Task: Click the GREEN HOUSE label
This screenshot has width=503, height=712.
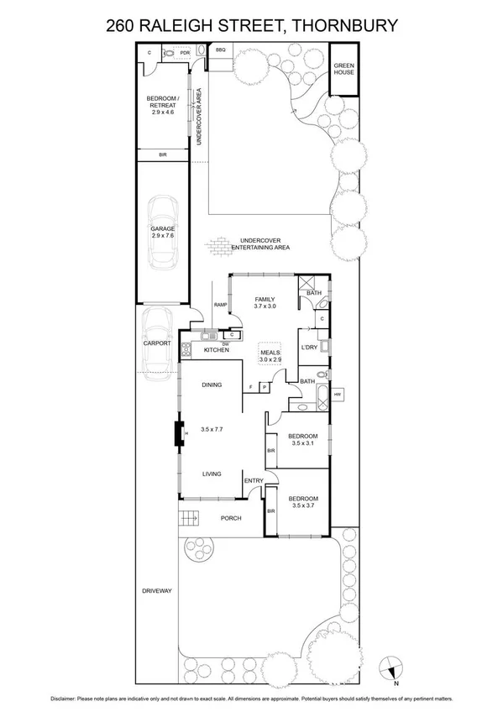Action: pyautogui.click(x=344, y=69)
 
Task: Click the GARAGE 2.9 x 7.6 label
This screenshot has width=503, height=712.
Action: pyautogui.click(x=163, y=233)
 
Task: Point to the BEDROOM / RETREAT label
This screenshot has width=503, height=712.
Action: pyautogui.click(x=162, y=104)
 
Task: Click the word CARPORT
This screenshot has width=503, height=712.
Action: pyautogui.click(x=157, y=343)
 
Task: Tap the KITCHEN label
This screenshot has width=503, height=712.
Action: pyautogui.click(x=217, y=349)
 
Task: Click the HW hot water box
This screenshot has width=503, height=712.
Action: pyautogui.click(x=338, y=395)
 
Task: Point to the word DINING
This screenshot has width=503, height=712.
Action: pyautogui.click(x=212, y=385)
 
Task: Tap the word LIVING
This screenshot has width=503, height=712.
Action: pyautogui.click(x=212, y=474)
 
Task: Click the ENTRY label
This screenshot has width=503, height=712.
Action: pyautogui.click(x=254, y=480)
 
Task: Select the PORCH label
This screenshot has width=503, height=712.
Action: pyautogui.click(x=232, y=518)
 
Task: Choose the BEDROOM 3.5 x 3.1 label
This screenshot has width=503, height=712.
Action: pyautogui.click(x=302, y=439)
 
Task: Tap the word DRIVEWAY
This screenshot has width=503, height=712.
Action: pyautogui.click(x=157, y=591)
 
